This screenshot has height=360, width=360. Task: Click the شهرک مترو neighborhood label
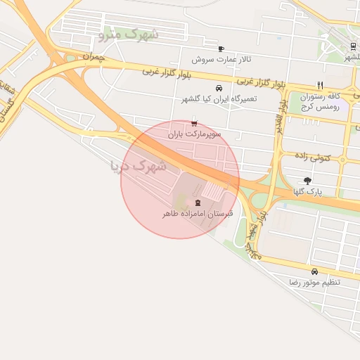[130, 33]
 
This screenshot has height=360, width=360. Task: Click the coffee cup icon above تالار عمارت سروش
[221, 49]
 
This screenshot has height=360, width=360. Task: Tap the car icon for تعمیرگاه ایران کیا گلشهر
[219, 88]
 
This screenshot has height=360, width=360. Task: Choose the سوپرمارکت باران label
[195, 133]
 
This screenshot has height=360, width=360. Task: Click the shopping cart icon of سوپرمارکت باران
[194, 123]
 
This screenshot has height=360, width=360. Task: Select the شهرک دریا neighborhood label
[139, 166]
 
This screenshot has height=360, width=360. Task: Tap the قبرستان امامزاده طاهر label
[197, 213]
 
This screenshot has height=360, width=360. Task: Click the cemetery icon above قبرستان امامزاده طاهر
[197, 202]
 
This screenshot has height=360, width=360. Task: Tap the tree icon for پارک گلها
[307, 181]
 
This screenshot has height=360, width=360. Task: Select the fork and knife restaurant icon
[320, 85]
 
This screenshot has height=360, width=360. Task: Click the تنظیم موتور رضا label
[314, 282]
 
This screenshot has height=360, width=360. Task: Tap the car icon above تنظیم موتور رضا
[314, 271]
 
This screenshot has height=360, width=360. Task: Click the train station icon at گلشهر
[352, 46]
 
